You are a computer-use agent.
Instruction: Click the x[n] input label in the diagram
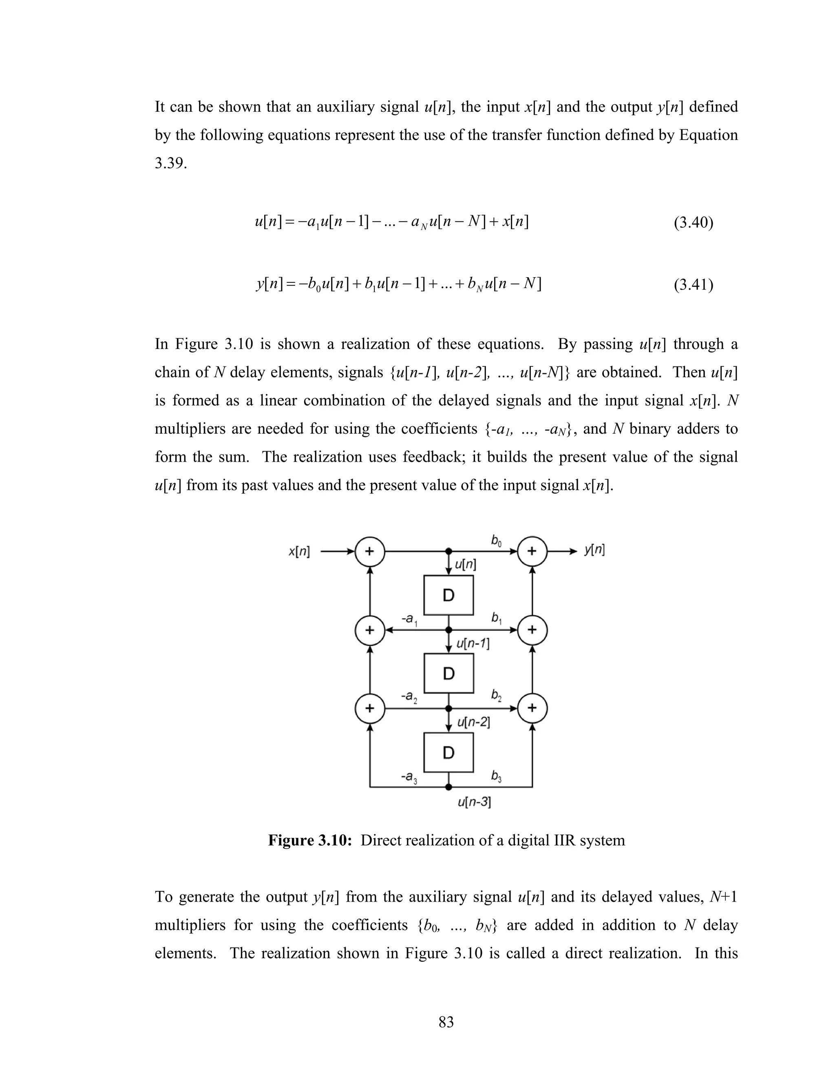click(299, 551)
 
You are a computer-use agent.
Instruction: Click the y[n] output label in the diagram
click(594, 550)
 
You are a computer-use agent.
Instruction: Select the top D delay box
click(448, 595)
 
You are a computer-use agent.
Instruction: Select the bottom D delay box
click(448, 752)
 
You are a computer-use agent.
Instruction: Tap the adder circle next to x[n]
click(369, 551)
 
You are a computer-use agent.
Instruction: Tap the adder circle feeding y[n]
click(532, 551)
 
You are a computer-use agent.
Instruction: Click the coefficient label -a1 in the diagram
click(409, 619)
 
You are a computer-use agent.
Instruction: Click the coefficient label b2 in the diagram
click(496, 695)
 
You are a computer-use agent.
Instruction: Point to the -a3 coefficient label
click(409, 777)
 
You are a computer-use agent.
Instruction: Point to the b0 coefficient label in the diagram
click(496, 541)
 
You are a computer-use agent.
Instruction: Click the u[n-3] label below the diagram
click(474, 802)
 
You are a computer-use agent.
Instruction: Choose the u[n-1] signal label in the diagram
click(473, 644)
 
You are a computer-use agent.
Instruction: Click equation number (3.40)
click(693, 223)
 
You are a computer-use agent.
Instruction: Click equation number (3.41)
click(693, 285)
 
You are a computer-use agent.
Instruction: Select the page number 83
click(446, 1022)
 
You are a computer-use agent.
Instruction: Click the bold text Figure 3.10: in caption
click(310, 840)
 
